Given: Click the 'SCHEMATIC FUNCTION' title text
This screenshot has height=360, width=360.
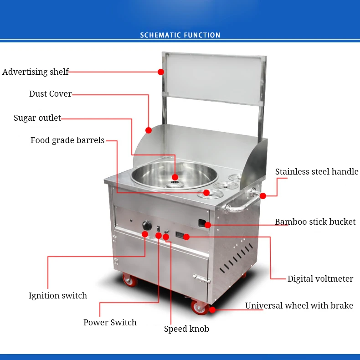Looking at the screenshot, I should click(x=180, y=35).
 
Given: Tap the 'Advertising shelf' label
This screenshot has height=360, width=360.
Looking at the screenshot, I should click(x=36, y=72).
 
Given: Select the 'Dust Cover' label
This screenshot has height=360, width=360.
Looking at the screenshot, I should click(x=51, y=94).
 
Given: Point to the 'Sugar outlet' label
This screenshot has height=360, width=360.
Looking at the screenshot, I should click(x=37, y=118).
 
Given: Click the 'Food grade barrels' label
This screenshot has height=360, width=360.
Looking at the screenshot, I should click(x=67, y=140).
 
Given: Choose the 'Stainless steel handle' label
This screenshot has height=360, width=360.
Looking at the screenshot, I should click(x=317, y=172).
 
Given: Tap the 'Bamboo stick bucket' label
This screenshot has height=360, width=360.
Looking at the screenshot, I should click(x=315, y=222).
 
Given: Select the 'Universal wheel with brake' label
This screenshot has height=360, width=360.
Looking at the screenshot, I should click(x=299, y=306).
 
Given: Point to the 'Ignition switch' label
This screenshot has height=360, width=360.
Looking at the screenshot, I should click(x=58, y=296).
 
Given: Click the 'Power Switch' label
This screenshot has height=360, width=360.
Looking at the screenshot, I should click(x=110, y=323).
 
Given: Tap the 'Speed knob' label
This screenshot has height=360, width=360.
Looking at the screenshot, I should click(x=186, y=329).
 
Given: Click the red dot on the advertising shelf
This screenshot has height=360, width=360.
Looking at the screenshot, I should click(x=161, y=72).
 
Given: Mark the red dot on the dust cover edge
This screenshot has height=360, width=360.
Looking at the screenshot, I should click(x=149, y=130).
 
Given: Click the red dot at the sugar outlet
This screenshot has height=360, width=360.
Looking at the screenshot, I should click(x=175, y=177).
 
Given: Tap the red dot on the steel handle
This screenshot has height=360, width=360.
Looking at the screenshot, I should click(x=262, y=196).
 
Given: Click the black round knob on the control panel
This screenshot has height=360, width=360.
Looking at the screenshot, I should click(x=147, y=225).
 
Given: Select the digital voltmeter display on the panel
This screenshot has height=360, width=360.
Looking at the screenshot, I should click(x=180, y=236).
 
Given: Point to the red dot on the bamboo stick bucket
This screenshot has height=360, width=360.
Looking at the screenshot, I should click(x=207, y=225).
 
